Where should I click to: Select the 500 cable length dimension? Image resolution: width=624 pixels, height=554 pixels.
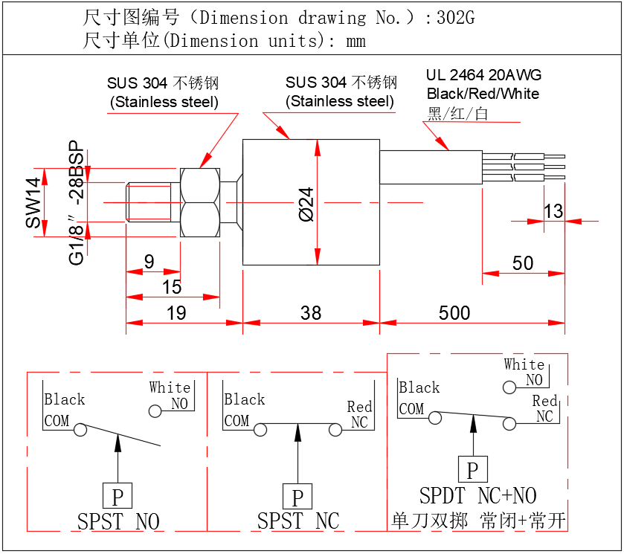point(454,312)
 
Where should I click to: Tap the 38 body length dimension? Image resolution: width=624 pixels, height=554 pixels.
point(310,312)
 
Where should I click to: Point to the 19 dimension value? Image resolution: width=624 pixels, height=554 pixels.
point(176,312)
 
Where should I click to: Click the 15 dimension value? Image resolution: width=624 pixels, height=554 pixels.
point(171,287)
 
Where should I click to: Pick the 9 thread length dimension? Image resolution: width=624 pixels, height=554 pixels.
point(149,262)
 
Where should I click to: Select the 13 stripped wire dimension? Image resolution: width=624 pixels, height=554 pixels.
point(553,211)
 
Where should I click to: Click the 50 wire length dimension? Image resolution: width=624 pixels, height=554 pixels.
point(523,262)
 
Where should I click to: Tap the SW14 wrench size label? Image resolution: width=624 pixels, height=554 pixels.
point(34,202)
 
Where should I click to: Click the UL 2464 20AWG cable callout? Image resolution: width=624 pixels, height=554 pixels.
point(483,75)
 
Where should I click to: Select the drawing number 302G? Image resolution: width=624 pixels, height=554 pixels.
point(455,18)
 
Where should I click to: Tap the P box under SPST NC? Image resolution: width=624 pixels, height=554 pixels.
point(297,497)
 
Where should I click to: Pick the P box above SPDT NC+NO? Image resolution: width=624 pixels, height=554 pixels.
point(472,469)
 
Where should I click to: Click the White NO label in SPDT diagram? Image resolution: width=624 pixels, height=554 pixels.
point(524,372)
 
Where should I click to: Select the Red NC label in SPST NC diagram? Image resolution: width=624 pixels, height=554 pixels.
point(359,414)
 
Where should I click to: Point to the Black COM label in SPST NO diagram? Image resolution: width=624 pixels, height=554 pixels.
point(64,410)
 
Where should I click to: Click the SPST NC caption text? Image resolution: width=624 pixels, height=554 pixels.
point(297,521)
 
